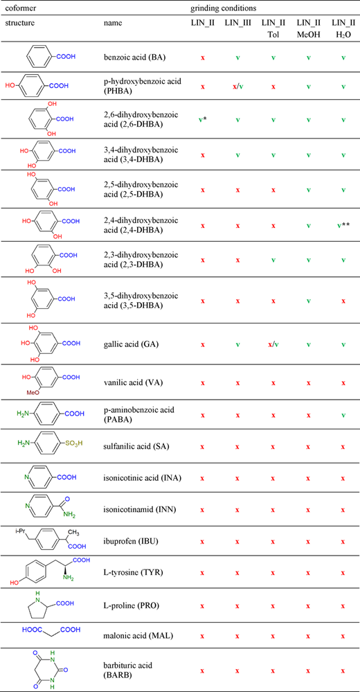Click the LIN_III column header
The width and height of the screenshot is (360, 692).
tap(237, 23)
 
